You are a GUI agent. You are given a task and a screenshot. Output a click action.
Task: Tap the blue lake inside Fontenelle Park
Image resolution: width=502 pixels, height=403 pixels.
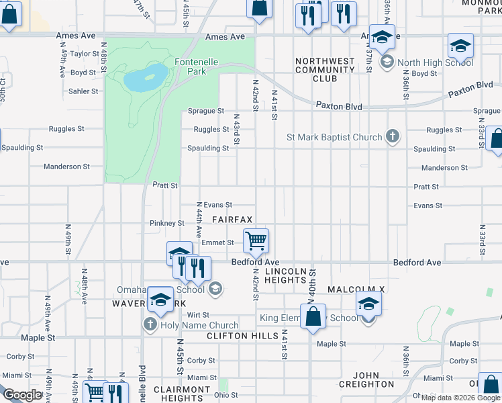coord(145,78)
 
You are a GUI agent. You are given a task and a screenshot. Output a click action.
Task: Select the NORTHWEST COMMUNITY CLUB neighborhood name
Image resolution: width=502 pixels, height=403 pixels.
coord(325,70)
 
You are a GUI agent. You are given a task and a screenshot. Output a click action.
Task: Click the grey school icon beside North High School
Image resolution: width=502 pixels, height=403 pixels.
coord(387,63)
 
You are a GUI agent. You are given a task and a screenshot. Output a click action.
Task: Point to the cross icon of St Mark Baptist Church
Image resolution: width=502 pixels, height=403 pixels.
coord(393,138)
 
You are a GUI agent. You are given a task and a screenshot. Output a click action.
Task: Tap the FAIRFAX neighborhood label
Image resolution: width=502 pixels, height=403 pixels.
coord(232,220)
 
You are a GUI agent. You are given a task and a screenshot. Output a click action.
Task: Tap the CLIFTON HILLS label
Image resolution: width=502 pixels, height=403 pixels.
coord(242,335)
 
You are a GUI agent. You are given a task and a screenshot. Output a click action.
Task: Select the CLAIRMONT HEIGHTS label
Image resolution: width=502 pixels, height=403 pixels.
coord(183,394)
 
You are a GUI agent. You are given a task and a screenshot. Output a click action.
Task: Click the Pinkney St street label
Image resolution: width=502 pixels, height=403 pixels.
coord(167,223)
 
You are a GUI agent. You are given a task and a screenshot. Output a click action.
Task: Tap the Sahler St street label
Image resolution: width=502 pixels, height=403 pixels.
coord(83,91)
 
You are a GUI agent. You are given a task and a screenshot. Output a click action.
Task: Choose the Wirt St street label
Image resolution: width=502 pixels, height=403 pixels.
coord(198,314)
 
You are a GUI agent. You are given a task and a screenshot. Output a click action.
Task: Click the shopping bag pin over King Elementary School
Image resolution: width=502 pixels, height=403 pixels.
coord(313,316)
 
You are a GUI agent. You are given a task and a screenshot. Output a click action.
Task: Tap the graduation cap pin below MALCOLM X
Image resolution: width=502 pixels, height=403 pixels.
coord(368,304)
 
